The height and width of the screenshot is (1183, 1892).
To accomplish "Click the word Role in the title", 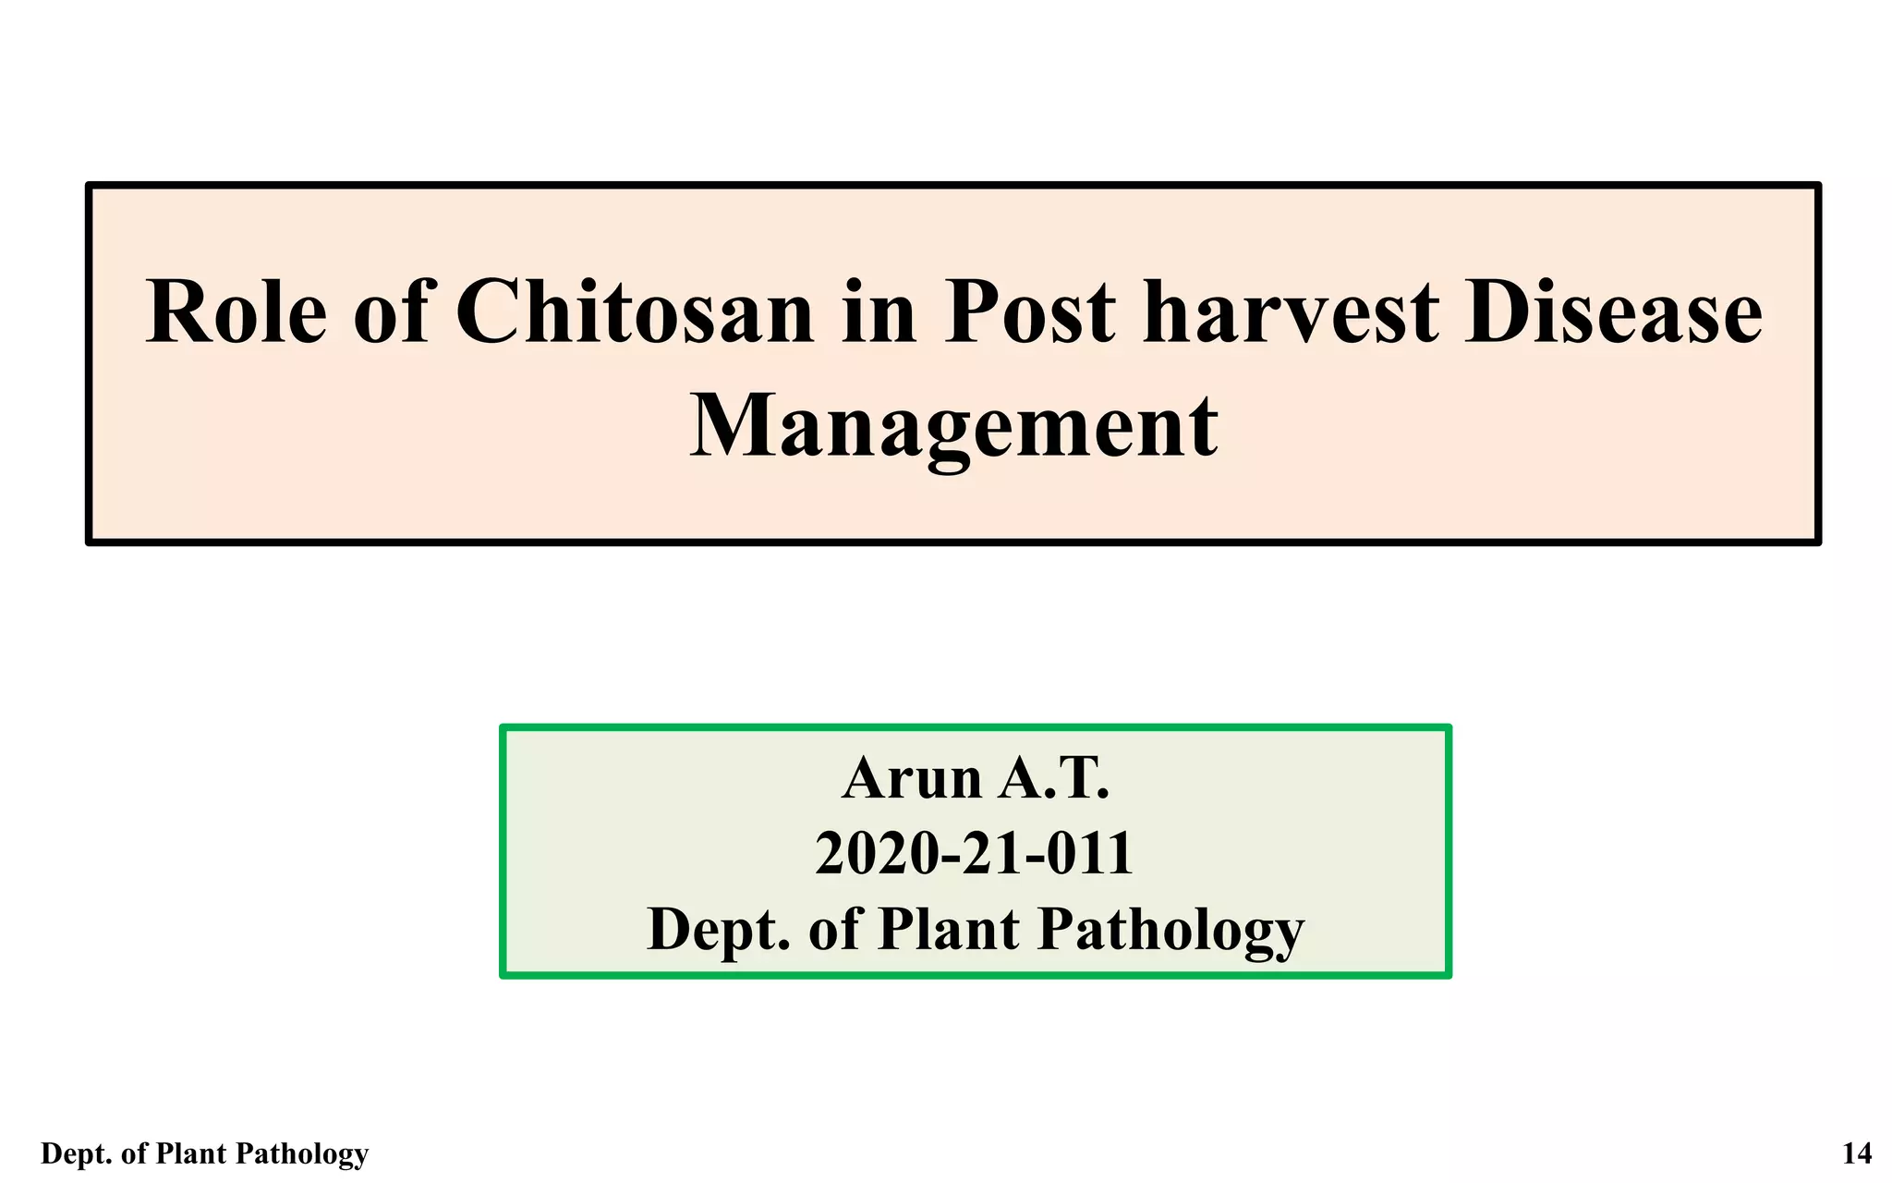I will pos(236,312).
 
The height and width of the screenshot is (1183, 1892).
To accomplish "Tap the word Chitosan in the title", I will pos(634,312).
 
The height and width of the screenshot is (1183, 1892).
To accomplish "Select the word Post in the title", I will pos(1029,312).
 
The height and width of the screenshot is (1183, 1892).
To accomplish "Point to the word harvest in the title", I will pos(1291,312).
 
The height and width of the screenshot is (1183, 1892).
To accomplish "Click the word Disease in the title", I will pos(1613,312).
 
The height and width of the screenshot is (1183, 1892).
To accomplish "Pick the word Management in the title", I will pos(953,427).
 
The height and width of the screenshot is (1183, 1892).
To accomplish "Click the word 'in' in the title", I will pos(879,312).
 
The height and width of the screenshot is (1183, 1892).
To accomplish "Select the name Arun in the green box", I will pos(912,778).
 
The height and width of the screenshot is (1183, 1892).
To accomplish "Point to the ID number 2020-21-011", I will pos(974,853).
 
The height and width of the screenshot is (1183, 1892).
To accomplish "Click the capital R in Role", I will pos(176,312).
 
